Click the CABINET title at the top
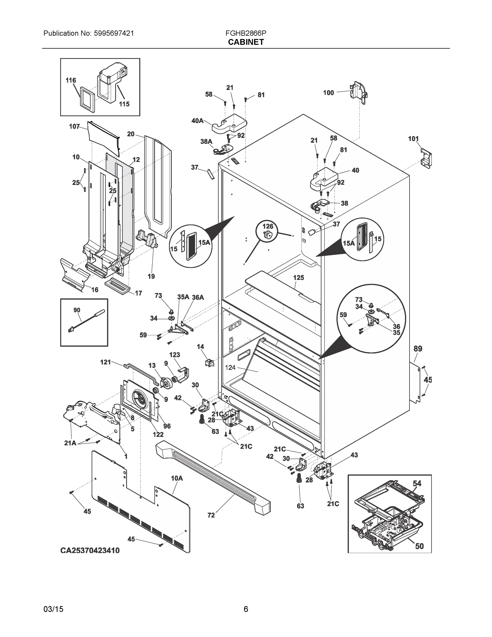246,42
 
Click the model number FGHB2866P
245,33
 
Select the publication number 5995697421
114,33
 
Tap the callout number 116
71,80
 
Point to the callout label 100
328,93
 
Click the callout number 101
413,139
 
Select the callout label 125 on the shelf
298,278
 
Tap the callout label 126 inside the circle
268,226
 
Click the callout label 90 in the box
77,310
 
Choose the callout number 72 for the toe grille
211,515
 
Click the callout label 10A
177,478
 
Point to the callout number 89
418,348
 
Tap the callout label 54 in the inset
417,483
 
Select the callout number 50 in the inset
419,546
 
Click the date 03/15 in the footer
53,609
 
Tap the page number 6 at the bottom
246,609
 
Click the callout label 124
230,368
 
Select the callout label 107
74,126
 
